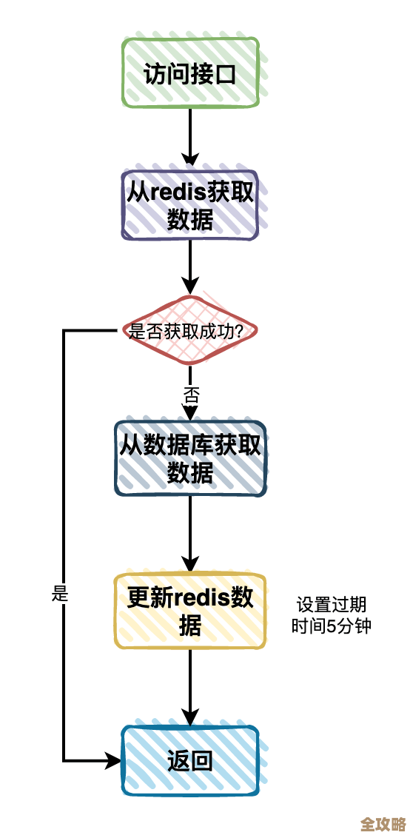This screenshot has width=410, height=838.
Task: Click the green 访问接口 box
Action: [x=190, y=73]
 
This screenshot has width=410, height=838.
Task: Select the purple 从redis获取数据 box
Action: [x=190, y=205]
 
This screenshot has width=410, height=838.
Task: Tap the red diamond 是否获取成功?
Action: [x=190, y=331]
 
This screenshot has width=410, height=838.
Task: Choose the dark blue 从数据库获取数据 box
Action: [x=190, y=457]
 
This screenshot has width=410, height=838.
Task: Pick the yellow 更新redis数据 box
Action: [x=190, y=611]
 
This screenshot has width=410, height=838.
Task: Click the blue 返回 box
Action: [x=190, y=760]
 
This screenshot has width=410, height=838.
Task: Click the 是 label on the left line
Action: [x=61, y=593]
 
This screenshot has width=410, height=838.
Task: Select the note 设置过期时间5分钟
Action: [x=331, y=614]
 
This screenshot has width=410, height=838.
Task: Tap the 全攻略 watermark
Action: [x=382, y=823]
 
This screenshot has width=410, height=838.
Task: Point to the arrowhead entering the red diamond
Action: [x=190, y=286]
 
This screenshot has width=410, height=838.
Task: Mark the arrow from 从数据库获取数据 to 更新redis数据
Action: [x=190, y=533]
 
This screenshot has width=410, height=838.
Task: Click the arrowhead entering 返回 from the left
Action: [x=114, y=760]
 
